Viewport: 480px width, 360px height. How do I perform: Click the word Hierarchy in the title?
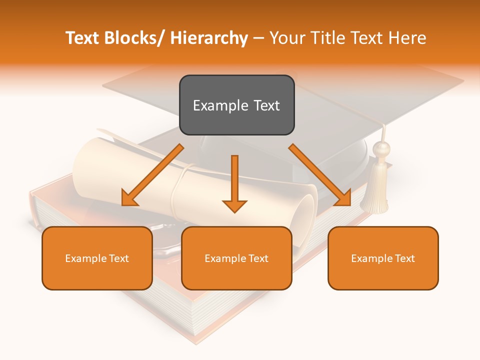point(209,38)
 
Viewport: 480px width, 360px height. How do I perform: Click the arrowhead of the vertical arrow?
point(234,205)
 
